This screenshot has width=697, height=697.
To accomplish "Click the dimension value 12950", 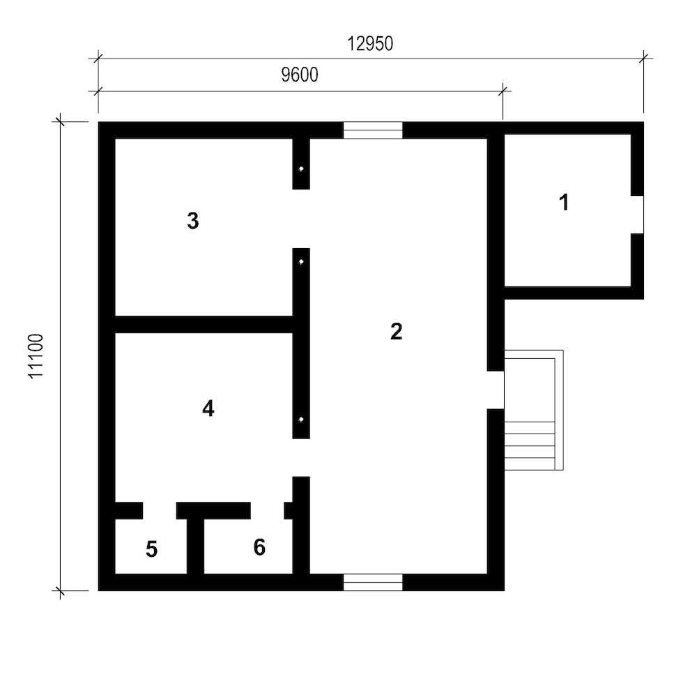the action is pos(370,43).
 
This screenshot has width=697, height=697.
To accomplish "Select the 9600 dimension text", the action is pos(300,75).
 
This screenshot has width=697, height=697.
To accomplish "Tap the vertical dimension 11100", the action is pos(36,356).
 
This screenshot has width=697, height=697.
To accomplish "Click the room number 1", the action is pos(564,202).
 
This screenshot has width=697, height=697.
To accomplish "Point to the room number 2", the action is pos(396,332).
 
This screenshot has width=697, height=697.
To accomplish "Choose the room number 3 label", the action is pos(193,220).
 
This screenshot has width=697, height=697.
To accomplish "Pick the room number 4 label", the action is pos(208,408).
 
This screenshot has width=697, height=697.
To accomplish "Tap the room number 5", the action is pos(151,549).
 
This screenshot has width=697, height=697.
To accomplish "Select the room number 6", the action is pos(259,547).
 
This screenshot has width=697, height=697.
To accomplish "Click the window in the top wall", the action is pos(373,130).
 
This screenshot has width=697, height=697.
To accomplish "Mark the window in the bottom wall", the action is pos(373,582).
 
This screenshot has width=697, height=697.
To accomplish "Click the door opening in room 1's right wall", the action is pos(638,215).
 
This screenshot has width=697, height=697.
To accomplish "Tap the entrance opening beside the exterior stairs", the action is pos(496,390).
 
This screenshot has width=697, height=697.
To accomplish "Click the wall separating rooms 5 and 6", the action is pos(196,546).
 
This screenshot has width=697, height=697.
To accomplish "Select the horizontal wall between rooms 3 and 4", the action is pos(204,325).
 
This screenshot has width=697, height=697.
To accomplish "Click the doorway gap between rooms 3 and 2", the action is pos(301,219).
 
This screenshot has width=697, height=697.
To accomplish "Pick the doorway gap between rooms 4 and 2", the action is pos(301,458).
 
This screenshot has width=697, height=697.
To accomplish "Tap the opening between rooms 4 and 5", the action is pos(160,511).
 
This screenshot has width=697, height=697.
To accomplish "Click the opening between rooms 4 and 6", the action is pos(267,511).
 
